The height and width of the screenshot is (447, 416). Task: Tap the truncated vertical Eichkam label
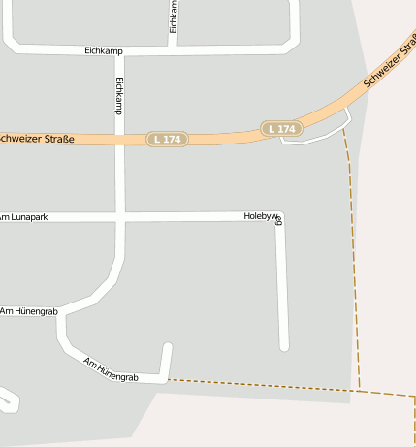tap(174, 16)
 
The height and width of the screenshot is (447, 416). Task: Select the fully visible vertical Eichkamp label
tap(119, 96)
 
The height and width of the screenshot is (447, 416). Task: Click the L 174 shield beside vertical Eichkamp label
tap(167, 140)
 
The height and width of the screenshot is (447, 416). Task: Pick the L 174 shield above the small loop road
tap(281, 129)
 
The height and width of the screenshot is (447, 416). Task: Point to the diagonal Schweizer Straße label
tap(390, 61)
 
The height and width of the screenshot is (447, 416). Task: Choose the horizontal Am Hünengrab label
tap(29, 311)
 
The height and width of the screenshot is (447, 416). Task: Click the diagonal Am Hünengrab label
tap(112, 368)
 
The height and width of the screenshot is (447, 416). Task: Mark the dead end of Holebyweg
tap(284, 345)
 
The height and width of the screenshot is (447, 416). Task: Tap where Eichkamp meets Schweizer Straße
tap(120, 140)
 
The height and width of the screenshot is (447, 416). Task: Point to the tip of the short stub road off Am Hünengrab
tap(168, 346)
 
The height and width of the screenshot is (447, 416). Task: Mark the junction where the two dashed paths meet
tap(360, 390)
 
